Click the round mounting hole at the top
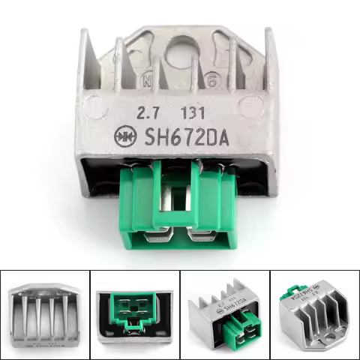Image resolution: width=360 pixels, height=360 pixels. tap(178, 52)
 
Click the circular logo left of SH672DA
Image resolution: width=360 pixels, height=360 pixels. tap(121, 137)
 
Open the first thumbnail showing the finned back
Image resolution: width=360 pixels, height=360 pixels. tap(44, 312)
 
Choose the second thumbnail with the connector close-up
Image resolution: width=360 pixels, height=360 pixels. tap(134, 312)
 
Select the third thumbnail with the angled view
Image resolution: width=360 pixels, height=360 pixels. tap(224, 312)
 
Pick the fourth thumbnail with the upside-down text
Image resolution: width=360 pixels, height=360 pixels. tap(314, 312)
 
